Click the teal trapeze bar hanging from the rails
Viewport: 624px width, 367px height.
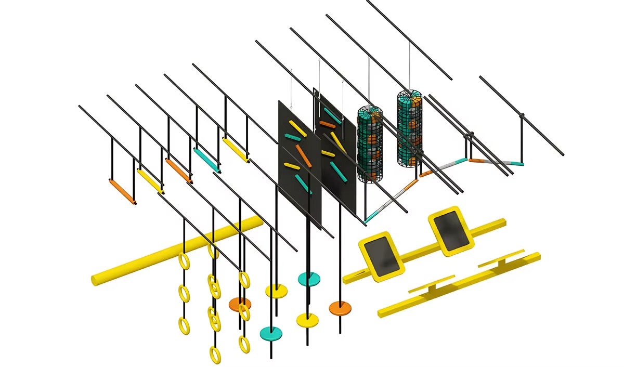207,160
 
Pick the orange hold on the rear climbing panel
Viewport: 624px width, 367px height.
326,124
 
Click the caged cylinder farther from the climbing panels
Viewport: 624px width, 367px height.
409,128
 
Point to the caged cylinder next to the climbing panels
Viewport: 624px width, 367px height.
370,144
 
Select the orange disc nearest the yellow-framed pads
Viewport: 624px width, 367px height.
340,308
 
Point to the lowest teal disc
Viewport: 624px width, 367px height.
271,332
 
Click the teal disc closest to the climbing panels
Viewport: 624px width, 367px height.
309,279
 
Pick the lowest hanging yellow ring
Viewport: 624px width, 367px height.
215,355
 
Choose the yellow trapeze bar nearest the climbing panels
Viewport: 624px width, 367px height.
235,149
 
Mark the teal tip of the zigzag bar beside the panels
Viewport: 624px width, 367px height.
369,219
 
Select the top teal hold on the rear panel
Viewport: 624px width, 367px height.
333,116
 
